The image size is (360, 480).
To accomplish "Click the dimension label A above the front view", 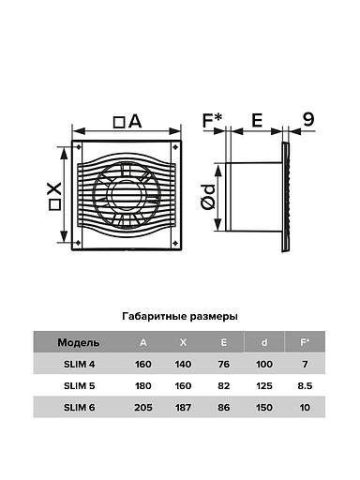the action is click(127, 122).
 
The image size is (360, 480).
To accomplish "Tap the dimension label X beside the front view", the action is click(54, 197).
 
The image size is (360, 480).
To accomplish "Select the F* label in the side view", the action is click(213, 121).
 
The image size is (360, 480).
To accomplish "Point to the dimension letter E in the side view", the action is click(257, 121).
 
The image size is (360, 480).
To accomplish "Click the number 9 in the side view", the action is click(308, 120).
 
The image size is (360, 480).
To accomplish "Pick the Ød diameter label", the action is click(208, 197).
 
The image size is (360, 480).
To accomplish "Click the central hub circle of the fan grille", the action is click(127, 196).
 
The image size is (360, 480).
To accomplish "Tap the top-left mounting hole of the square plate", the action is click(78, 147).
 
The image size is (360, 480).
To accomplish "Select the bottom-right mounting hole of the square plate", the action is click(175, 243).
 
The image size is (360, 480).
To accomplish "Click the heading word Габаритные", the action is click(154, 317).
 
